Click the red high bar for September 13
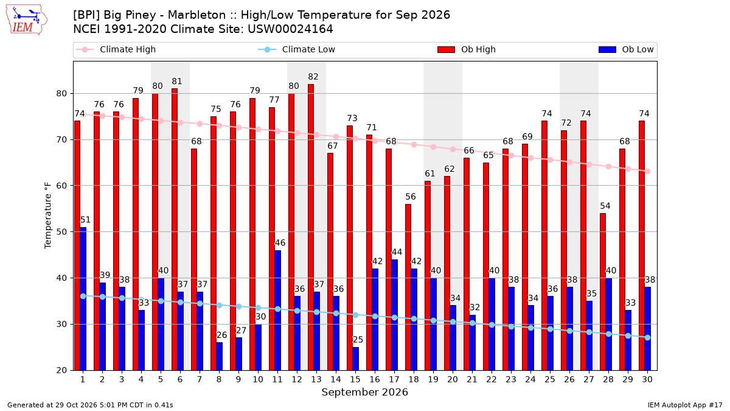311,227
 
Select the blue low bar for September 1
83,299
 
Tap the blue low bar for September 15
355,359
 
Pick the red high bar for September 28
603,292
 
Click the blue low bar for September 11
277,311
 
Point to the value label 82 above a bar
313,77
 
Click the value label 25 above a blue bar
358,340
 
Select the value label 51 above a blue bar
85,220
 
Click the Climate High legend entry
116,49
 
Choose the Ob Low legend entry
626,49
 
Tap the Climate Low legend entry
297,49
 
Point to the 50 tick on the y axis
61,232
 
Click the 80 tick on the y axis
61,94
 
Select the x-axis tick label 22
492,380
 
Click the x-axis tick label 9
238,380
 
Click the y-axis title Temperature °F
48,216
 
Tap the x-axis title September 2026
364,392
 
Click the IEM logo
27,20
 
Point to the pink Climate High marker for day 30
647,172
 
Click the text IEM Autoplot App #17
685,405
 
